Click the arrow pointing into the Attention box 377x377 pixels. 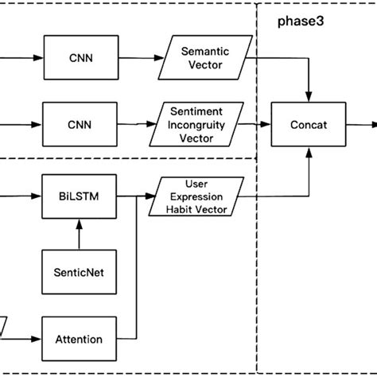[29, 339]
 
